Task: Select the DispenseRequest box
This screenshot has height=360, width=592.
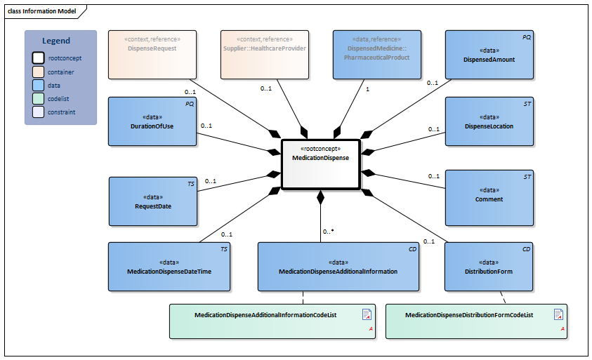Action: (x=152, y=54)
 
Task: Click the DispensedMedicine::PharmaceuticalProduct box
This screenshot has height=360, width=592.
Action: (x=376, y=54)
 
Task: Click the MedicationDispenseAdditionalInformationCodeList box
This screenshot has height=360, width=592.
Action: (x=273, y=321)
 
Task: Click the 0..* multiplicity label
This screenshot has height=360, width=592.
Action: (x=328, y=231)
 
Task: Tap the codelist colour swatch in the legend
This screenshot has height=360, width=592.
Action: (x=38, y=98)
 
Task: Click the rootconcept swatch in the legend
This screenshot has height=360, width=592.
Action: (x=38, y=58)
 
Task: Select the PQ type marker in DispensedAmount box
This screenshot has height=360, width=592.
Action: (x=526, y=36)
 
